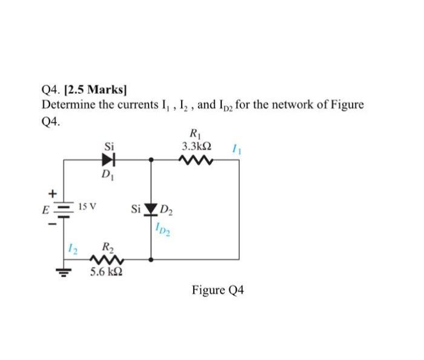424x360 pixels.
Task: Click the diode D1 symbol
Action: tap(109, 161)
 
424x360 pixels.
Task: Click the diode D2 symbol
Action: tap(151, 210)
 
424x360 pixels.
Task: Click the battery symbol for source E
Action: tap(64, 209)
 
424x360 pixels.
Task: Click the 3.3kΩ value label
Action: tap(196, 147)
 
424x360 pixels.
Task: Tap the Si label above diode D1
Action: tap(109, 146)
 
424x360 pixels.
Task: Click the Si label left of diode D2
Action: tap(136, 210)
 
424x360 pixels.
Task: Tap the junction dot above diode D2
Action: tap(151, 161)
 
